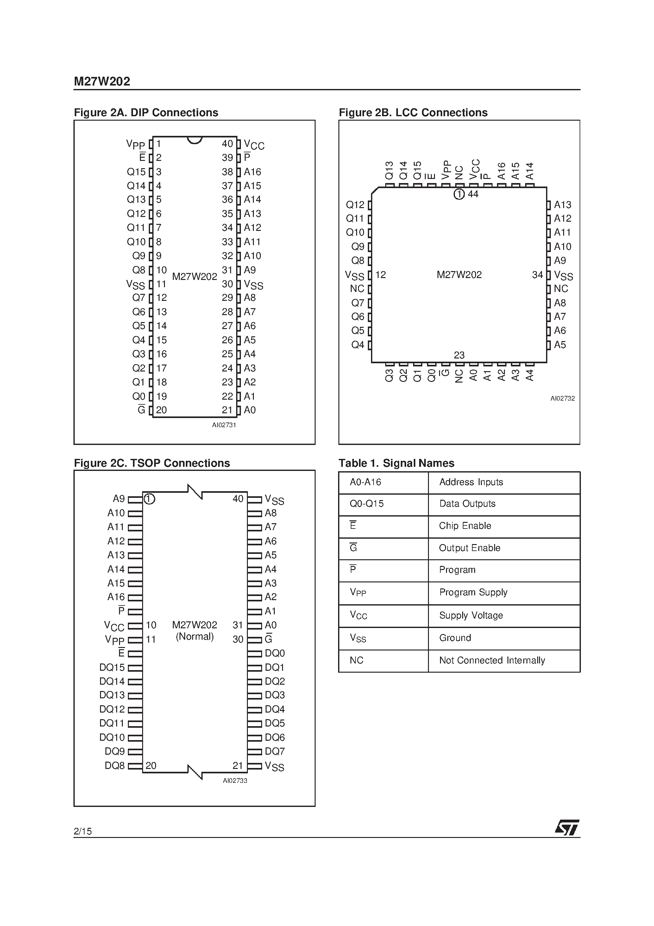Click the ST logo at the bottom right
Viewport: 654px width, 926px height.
point(567,828)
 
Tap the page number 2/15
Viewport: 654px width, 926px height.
point(83,831)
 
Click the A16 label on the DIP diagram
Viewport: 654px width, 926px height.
point(252,172)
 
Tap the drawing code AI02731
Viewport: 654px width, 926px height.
point(224,425)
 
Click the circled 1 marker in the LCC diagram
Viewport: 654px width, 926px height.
point(459,194)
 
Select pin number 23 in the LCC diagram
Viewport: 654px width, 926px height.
point(459,355)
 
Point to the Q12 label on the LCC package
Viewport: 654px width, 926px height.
point(355,205)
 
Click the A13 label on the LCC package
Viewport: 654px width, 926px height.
point(563,205)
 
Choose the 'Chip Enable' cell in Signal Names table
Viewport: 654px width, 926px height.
point(465,526)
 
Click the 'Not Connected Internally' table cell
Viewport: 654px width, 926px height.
point(492,660)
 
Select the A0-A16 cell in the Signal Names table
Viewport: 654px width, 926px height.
point(365,482)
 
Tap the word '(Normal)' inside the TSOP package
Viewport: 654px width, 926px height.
point(195,637)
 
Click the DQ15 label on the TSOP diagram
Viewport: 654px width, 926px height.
point(112,668)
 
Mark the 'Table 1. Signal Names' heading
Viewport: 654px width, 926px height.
point(396,463)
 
